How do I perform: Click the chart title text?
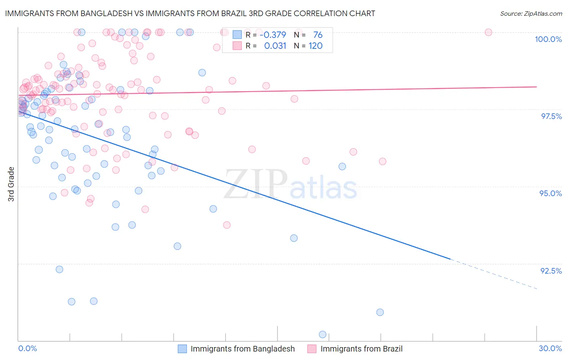pyautogui.click(x=190, y=13)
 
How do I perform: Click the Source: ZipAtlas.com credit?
pyautogui.click(x=531, y=14)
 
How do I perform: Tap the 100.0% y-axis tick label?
pyautogui.click(x=548, y=39)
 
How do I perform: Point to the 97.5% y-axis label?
pyautogui.click(x=551, y=116)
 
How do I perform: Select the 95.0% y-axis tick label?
pyautogui.click(x=550, y=193)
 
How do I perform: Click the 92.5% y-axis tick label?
pyautogui.click(x=551, y=271)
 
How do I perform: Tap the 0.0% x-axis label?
pyautogui.click(x=27, y=348)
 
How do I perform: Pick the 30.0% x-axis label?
pyautogui.click(x=550, y=348)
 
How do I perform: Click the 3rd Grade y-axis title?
pyautogui.click(x=11, y=184)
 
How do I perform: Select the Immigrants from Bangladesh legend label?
pyautogui.click(x=242, y=349)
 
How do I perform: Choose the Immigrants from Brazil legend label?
pyautogui.click(x=361, y=349)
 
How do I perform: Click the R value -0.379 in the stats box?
pyautogui.click(x=273, y=35)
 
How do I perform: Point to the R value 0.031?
pyautogui.click(x=275, y=46)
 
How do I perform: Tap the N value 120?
pyautogui.click(x=315, y=46)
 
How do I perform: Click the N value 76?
pyautogui.click(x=318, y=35)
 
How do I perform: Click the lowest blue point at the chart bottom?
pyautogui.click(x=323, y=334)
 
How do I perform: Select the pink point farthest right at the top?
pyautogui.click(x=488, y=32)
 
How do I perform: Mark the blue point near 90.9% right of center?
pyautogui.click(x=380, y=312)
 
